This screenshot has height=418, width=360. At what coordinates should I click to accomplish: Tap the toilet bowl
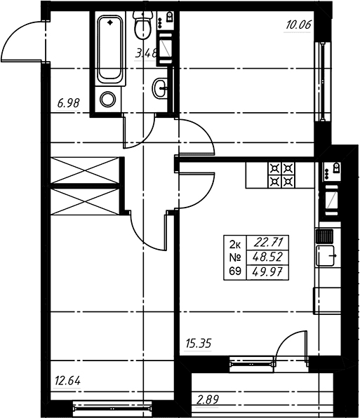pyautogui.click(x=142, y=25)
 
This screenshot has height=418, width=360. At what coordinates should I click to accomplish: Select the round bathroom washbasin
pyautogui.click(x=160, y=88)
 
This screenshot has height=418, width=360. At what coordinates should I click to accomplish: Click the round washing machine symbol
pyautogui.click(x=108, y=100)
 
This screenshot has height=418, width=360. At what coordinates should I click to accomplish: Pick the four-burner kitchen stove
pyautogui.click(x=282, y=175)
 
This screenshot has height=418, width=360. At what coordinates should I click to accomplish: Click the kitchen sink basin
pyautogui.click(x=325, y=256)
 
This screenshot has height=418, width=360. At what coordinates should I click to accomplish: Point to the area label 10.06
pyautogui.click(x=298, y=25)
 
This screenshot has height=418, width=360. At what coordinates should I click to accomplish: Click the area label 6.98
pyautogui.click(x=68, y=103)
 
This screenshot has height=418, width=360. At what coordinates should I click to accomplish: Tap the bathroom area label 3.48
pyautogui.click(x=146, y=53)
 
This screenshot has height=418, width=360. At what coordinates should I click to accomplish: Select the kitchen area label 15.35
pyautogui.click(x=198, y=344)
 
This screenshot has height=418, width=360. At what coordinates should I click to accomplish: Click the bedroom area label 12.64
pyautogui.click(x=67, y=381)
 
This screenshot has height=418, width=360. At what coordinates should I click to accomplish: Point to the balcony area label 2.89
pyautogui.click(x=208, y=400)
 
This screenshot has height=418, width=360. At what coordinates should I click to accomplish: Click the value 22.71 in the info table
pyautogui.click(x=268, y=243)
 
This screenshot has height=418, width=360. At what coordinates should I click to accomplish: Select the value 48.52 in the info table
pyautogui.click(x=268, y=257)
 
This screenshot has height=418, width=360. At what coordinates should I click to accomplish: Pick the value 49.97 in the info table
pyautogui.click(x=268, y=272)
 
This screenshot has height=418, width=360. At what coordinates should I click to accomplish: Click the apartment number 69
pyautogui.click(x=235, y=271)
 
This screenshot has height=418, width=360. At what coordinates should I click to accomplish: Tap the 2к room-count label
pyautogui.click(x=235, y=243)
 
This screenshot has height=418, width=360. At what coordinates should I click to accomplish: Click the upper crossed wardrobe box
pyautogui.click(x=85, y=170)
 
